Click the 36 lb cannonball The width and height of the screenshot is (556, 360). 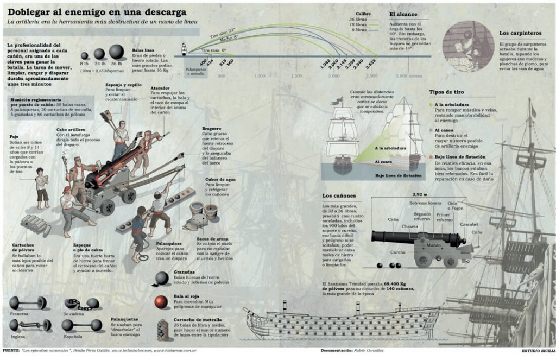pos(116,52)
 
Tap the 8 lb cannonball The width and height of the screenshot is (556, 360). pos(85,55)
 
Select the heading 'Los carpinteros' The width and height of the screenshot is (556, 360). pos(516,34)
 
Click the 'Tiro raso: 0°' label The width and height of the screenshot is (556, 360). pos(213,50)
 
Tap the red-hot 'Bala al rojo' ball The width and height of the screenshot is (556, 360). pos(161,301)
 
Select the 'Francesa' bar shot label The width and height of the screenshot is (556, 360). pos(19,314)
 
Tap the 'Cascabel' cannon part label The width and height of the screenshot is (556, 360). pos(469,224)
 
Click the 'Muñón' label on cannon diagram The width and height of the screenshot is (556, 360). pos(433,245)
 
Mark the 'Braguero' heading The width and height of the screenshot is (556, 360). pos(212,128)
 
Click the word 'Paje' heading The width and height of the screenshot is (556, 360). pos(15,137)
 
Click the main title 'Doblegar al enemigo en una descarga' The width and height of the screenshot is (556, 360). pos(97,11)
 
